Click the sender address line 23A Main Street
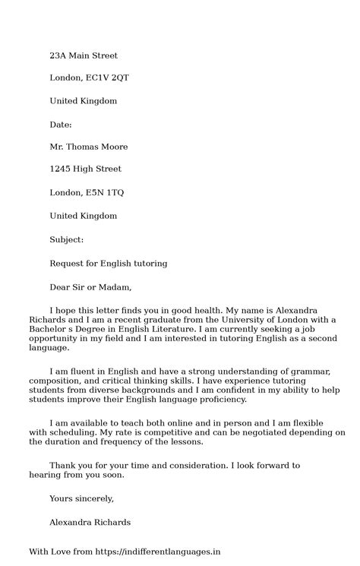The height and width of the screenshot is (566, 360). pos(84,55)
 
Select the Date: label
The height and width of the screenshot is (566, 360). pos(61,123)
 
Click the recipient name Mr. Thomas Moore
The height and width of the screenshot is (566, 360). pos(87,147)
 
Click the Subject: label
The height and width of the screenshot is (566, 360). pos(67,239)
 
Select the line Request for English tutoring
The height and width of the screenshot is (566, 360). pos(109,264)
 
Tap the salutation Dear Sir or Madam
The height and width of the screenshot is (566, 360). pos(90,288)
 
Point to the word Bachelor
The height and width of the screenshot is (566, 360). pos(48,332)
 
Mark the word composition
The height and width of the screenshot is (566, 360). pos(55,380)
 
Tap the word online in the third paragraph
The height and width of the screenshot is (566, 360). pos(175,422)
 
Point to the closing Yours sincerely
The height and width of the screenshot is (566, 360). pos(81,498)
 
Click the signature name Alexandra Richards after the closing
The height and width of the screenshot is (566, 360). pos(89,522)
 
